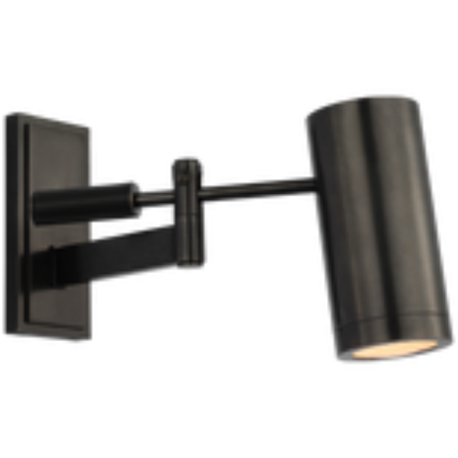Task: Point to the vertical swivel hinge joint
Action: [190, 211]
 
